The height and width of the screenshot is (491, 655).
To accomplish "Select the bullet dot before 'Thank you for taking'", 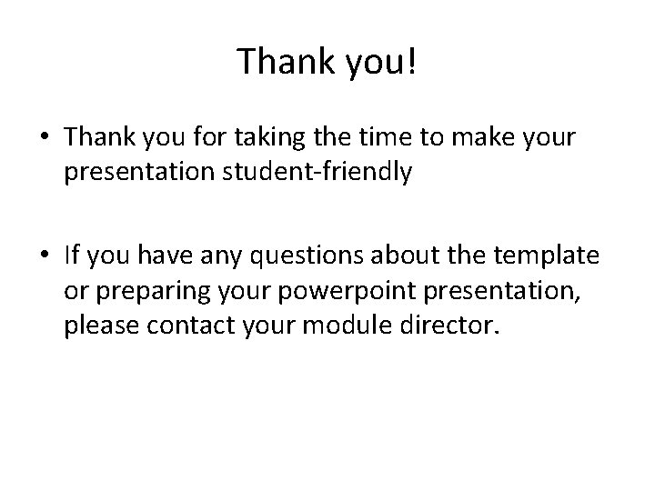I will [x=44, y=137].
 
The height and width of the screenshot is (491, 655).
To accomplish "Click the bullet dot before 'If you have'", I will [x=44, y=259].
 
